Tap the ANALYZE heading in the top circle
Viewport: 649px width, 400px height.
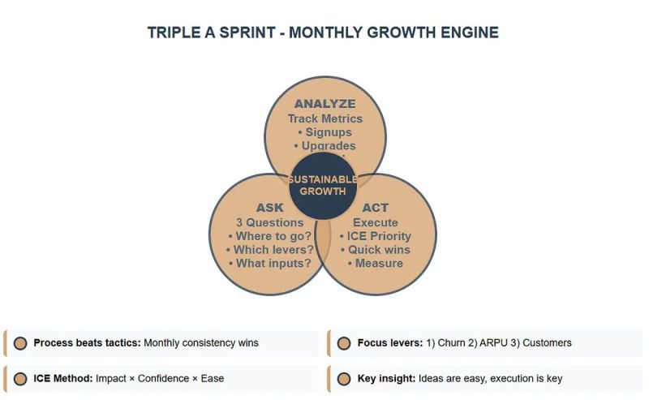pos(324,104)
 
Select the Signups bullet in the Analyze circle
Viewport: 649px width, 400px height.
pos(324,132)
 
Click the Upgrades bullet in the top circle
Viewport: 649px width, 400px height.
pos(324,146)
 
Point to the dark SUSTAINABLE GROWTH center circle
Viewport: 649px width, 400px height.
pos(323,186)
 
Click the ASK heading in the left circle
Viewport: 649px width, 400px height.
pos(270,208)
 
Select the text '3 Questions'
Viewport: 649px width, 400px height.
pos(270,222)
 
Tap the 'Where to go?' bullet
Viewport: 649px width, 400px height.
pos(270,236)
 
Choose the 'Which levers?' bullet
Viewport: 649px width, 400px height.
pos(270,250)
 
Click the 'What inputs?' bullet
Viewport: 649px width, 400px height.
pos(270,264)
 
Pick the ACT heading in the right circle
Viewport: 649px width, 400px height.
pos(375,208)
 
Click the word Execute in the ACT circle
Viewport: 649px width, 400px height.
pos(375,222)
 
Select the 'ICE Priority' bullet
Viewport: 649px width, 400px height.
pos(375,236)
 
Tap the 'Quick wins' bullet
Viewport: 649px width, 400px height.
pos(375,250)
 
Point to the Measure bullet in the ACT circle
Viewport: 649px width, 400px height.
pos(375,264)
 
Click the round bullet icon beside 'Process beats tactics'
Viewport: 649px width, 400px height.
pos(20,343)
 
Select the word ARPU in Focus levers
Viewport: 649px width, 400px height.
pos(489,343)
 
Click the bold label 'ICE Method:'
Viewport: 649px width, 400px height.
pos(63,378)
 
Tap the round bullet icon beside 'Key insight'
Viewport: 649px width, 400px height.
pos(344,378)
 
